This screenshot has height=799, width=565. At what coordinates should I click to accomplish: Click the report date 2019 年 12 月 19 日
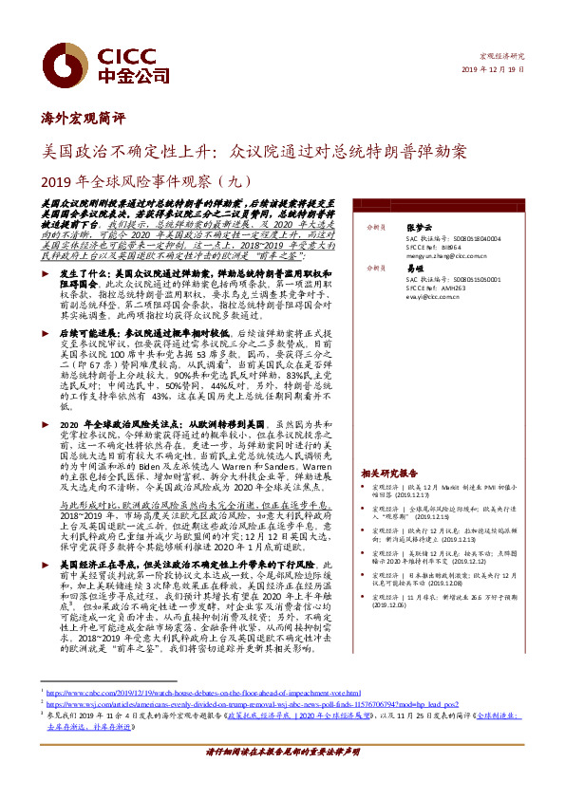click(x=492, y=71)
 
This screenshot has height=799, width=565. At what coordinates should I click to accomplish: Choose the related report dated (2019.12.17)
click(x=429, y=493)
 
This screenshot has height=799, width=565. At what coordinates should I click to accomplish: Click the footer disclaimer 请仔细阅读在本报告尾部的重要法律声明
click(x=282, y=777)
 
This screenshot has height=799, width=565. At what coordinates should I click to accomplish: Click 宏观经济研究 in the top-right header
click(x=502, y=57)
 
